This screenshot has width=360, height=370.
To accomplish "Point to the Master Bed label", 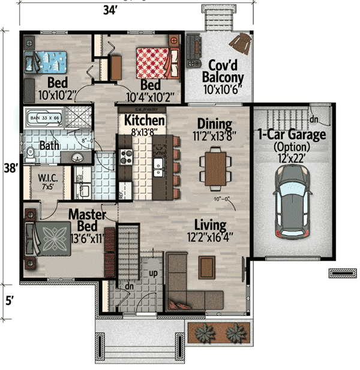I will [88, 219].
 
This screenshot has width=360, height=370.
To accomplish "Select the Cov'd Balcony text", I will [223, 71].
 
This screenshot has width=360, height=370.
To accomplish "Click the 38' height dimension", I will [8, 169].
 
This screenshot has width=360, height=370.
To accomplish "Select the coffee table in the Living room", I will [207, 263].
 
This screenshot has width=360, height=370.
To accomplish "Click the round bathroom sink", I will [79, 157].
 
